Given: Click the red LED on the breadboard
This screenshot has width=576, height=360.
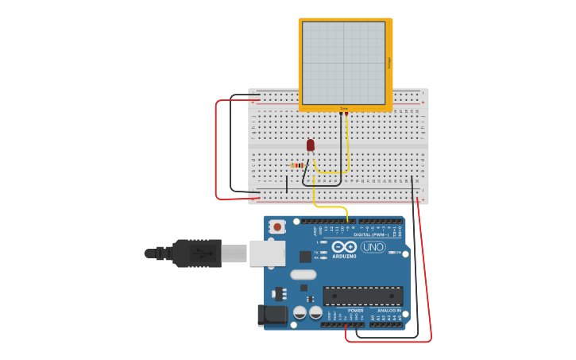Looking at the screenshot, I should [x=310, y=145].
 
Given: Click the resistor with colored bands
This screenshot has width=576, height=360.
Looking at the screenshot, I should [x=299, y=165].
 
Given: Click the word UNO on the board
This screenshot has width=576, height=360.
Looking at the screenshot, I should [x=373, y=247].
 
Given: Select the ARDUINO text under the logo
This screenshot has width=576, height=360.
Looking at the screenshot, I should [x=344, y=257].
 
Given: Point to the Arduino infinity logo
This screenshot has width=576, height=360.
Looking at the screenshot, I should [x=344, y=247].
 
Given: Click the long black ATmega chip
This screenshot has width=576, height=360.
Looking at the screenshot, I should [x=362, y=296].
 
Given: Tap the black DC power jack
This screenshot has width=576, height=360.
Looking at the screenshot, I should [x=273, y=315].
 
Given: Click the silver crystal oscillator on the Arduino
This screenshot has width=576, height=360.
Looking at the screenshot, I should [x=303, y=275].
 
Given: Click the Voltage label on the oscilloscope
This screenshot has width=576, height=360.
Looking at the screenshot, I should [x=389, y=63].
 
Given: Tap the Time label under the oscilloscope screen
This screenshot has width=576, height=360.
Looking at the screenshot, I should [x=344, y=108].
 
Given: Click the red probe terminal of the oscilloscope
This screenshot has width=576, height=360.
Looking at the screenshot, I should [x=347, y=114].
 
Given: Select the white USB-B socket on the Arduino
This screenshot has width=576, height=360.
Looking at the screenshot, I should [x=267, y=253].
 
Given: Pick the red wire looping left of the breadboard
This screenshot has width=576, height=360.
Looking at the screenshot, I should [x=216, y=151].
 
